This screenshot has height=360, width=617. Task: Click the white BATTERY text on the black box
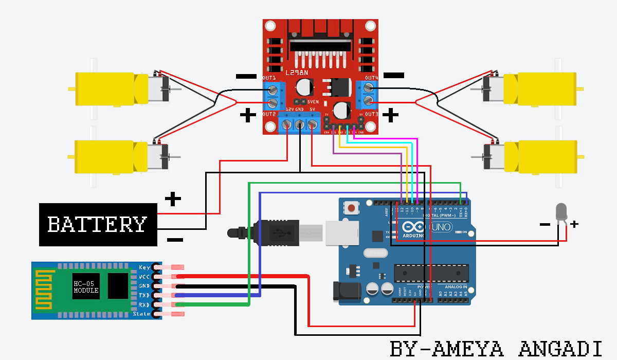click(x=97, y=224)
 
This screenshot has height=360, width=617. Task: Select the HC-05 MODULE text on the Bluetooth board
click(x=86, y=287)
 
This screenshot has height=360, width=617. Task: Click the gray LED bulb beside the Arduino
click(x=561, y=211)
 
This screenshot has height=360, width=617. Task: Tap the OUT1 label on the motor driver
click(x=270, y=78)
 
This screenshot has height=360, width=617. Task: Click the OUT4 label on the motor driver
click(x=371, y=78)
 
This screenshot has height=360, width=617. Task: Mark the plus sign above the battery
click(x=173, y=198)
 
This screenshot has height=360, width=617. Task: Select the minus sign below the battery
click(x=175, y=240)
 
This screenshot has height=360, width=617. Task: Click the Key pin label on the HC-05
click(x=144, y=267)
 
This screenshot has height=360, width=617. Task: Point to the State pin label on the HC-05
click(x=142, y=314)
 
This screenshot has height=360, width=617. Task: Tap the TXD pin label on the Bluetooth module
click(x=144, y=295)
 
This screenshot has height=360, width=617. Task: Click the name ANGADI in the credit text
click(x=560, y=348)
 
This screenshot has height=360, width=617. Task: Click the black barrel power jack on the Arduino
click(x=346, y=291)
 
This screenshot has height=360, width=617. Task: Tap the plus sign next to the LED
click(x=575, y=224)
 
